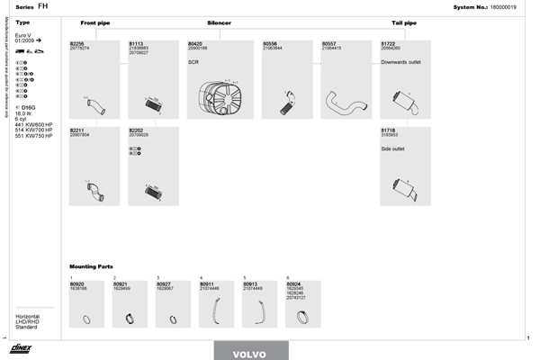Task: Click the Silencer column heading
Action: point(219,22)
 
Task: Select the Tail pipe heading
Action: point(404,22)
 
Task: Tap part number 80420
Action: point(194,42)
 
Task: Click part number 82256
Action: point(76,42)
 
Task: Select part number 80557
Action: point(328,42)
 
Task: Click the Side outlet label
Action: point(393,148)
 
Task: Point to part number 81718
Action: point(388,130)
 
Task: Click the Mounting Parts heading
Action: point(91,266)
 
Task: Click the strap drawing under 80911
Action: point(214,311)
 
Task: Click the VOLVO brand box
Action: point(249,353)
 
